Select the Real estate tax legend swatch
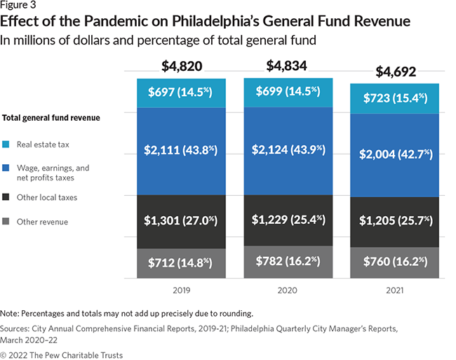[6, 145]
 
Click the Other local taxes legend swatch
[6, 197]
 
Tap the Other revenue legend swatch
[6, 222]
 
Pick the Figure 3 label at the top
[19, 6]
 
